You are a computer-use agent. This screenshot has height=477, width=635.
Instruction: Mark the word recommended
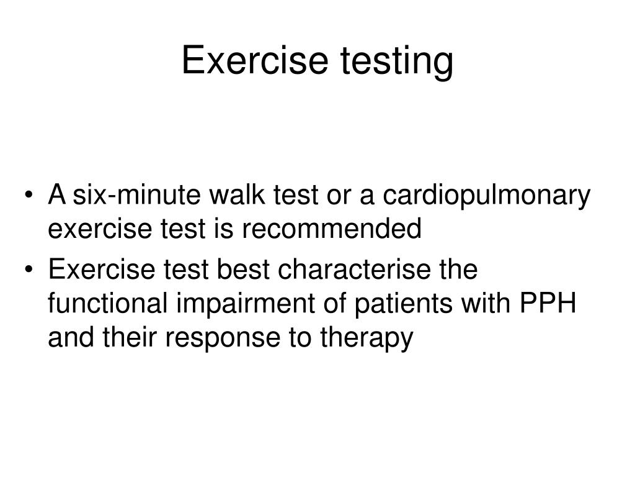click(331, 229)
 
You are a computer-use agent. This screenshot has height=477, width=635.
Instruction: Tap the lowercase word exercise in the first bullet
click(94, 229)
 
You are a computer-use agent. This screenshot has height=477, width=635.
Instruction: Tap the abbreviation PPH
click(548, 304)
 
